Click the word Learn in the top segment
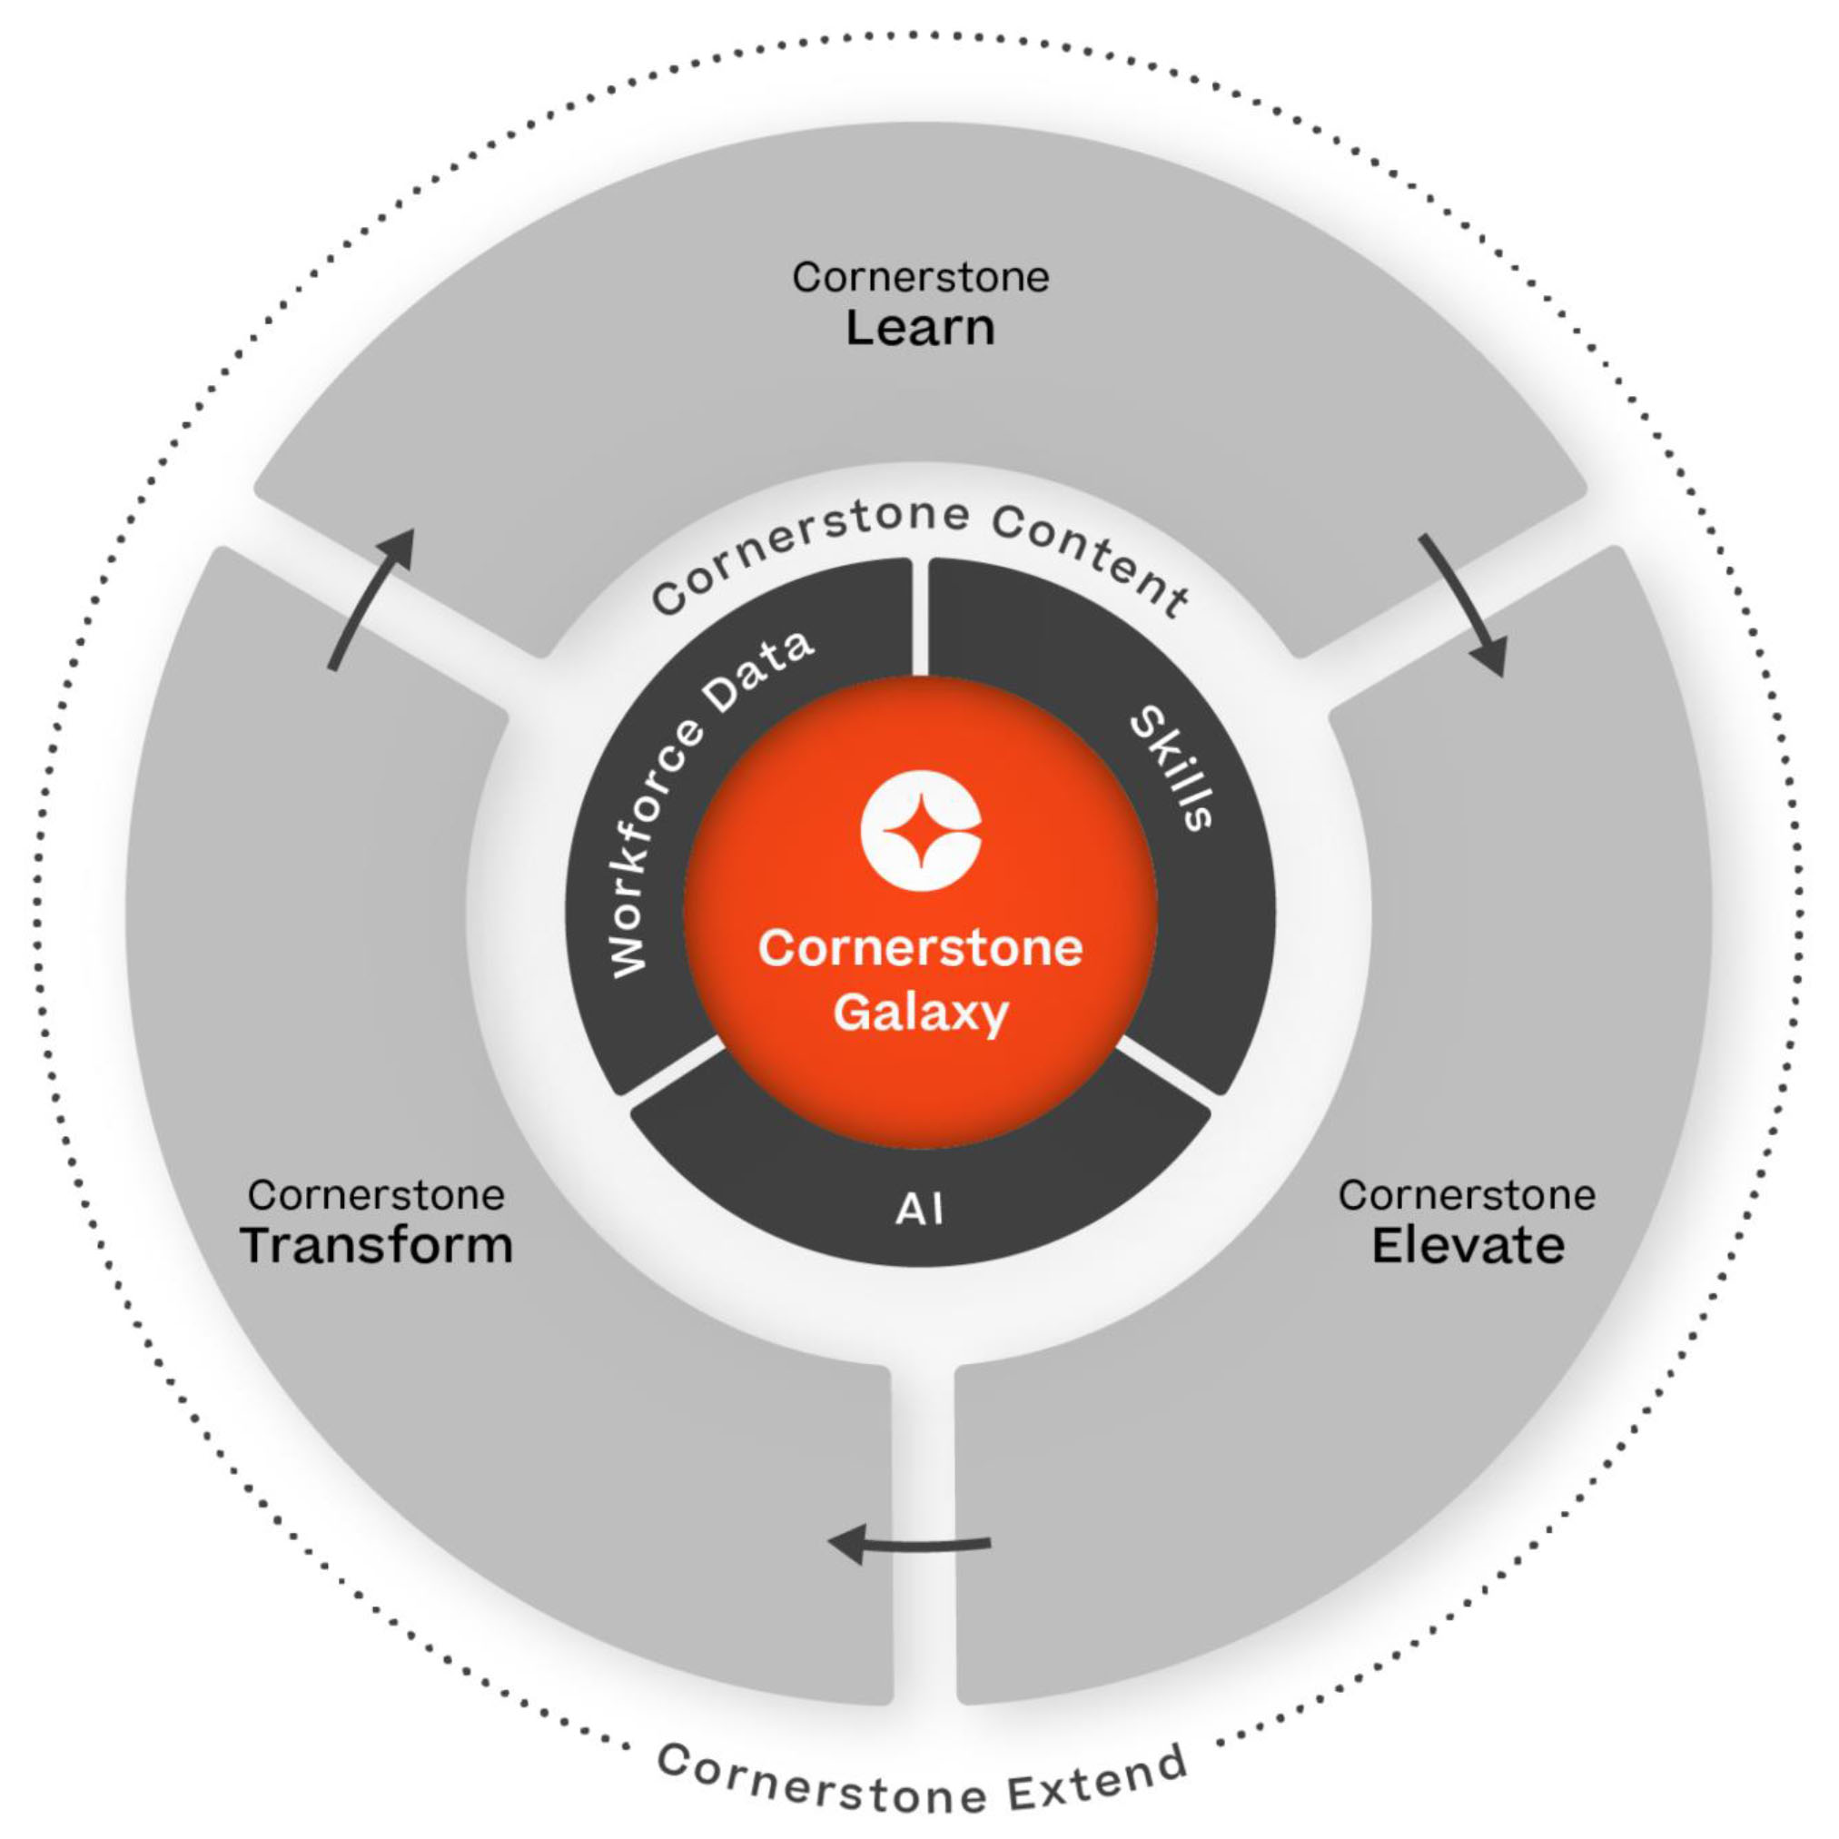[x=921, y=329]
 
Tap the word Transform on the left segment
[x=377, y=1245]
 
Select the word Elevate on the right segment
[x=1468, y=1245]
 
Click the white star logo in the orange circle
[x=921, y=830]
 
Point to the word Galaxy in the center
[x=921, y=1012]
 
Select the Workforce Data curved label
[x=699, y=799]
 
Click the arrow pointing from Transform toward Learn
[x=372, y=598]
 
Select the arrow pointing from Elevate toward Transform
[x=909, y=1543]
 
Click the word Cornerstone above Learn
[x=921, y=278]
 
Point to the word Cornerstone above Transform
[x=377, y=1195]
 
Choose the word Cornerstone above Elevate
[x=1467, y=1195]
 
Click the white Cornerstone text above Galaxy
[x=921, y=948]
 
